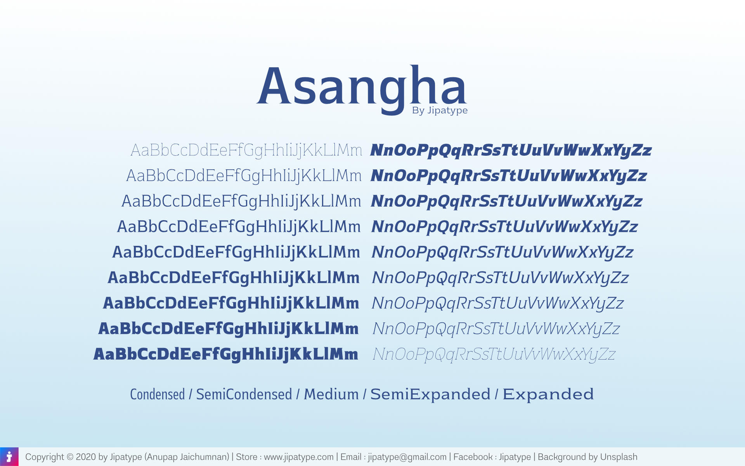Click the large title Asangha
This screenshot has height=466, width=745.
[x=362, y=89]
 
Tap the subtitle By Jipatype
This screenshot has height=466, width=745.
[x=440, y=111]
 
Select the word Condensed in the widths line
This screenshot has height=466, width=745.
[x=158, y=394]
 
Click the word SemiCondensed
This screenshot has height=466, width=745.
[x=244, y=394]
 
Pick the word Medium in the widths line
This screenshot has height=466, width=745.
[x=331, y=394]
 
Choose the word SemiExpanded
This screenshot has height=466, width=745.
[x=430, y=394]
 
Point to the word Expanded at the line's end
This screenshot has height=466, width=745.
[x=548, y=394]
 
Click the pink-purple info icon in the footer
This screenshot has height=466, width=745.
[x=9, y=457]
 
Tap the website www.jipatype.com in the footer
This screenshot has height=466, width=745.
[x=299, y=457]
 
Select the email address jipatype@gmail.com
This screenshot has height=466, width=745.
[x=407, y=457]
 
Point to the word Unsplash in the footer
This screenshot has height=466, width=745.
[x=619, y=457]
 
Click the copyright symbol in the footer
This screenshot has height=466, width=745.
[x=70, y=457]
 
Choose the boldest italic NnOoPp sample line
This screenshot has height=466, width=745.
[x=511, y=151]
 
